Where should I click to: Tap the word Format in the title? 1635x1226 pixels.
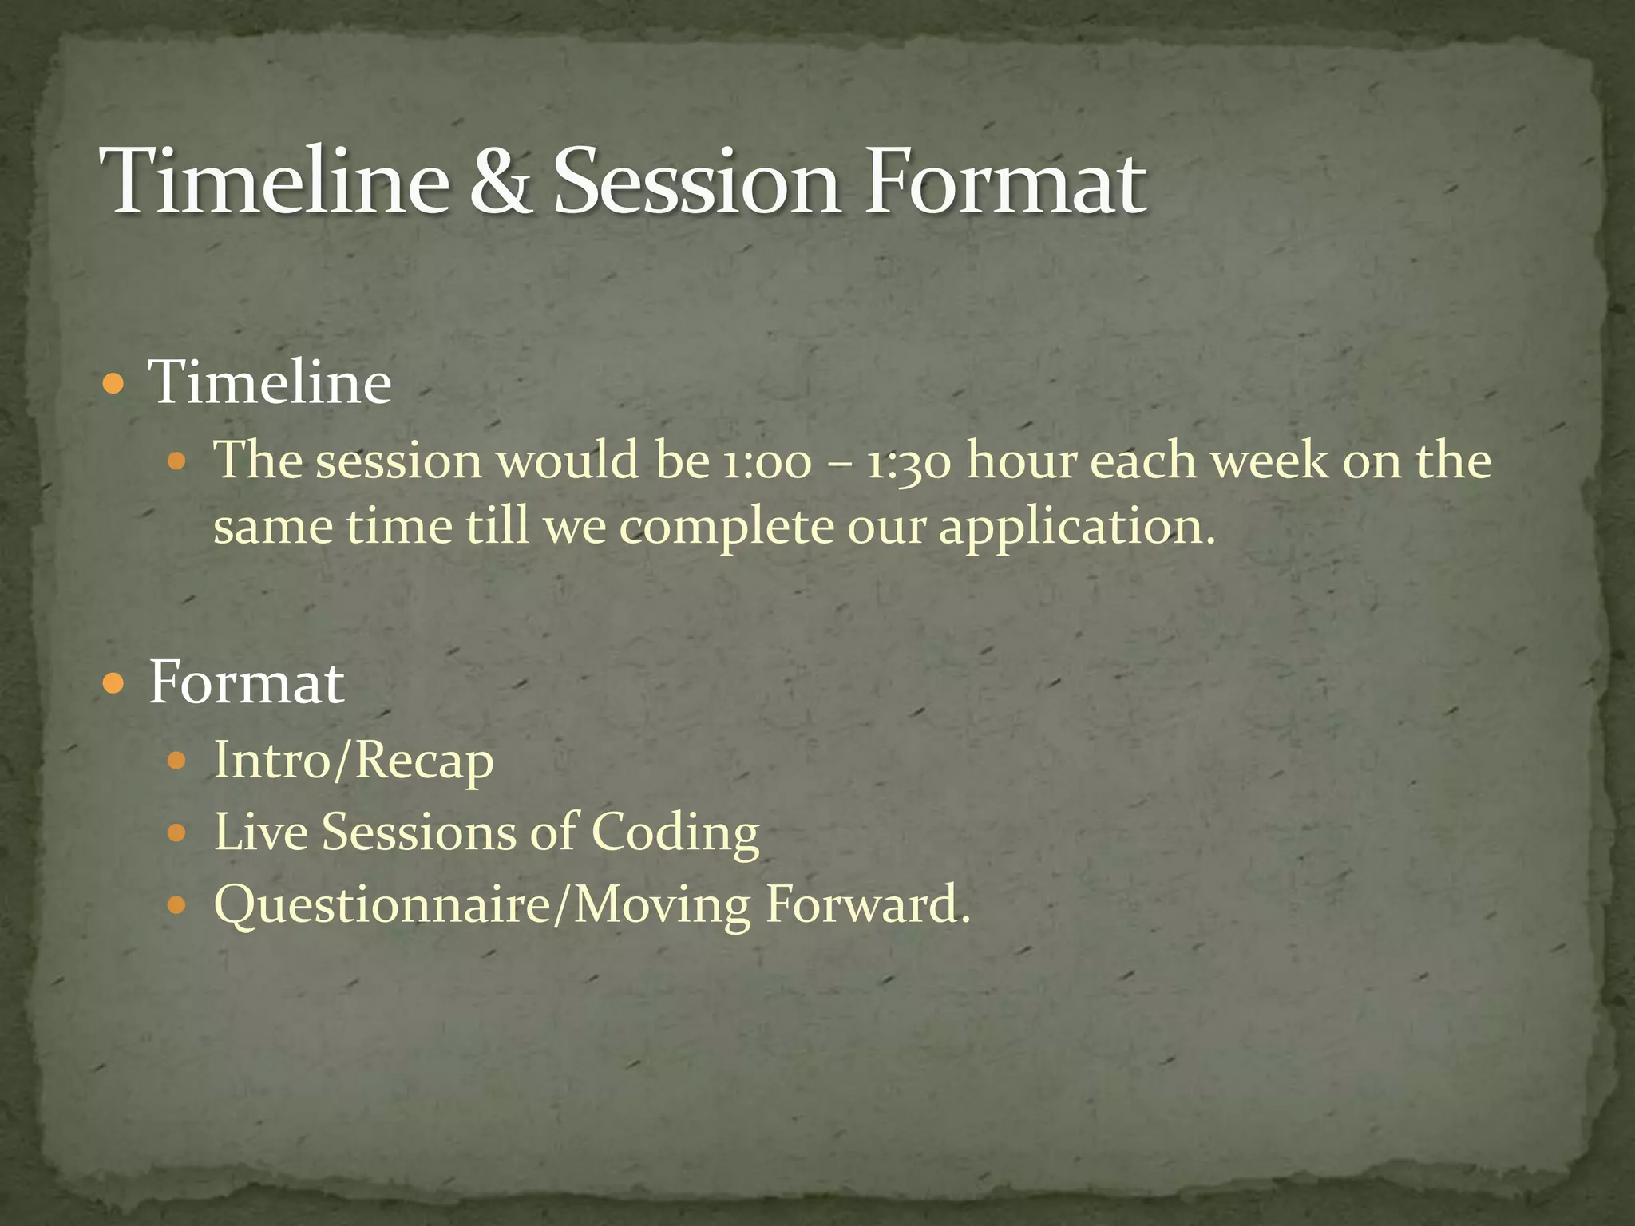1005,182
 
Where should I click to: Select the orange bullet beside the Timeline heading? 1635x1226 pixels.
115,385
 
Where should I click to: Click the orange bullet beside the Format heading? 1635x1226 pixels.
115,684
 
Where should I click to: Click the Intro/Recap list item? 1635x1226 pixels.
354,761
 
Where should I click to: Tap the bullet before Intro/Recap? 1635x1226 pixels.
177,761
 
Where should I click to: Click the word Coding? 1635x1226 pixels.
675,834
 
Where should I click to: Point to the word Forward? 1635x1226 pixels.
867,906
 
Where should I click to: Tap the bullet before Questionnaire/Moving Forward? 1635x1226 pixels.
177,907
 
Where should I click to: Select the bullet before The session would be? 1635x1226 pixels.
177,462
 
